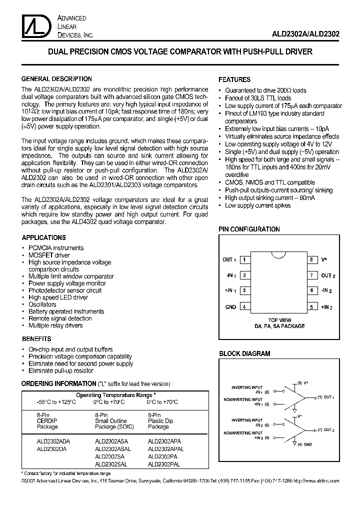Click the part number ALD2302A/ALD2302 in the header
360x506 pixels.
pyautogui.click(x=306, y=34)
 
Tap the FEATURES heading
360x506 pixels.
pyautogui.click(x=234, y=79)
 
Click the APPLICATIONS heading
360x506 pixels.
pyautogui.click(x=43, y=238)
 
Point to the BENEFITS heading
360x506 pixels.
pyautogui.click(x=36, y=339)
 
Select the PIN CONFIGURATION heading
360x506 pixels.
pyautogui.click(x=249, y=229)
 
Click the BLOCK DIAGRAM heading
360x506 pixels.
pyautogui.click(x=244, y=353)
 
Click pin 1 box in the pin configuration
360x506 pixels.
pyautogui.click(x=244, y=260)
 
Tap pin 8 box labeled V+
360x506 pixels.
pyautogui.click(x=311, y=260)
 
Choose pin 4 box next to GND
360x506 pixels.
pyautogui.click(x=244, y=307)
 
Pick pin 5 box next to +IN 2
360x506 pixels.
pyautogui.click(x=311, y=307)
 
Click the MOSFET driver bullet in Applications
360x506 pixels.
pyautogui.click(x=49, y=255)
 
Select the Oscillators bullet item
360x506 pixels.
pyautogui.click(x=42, y=304)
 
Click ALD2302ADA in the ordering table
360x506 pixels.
pyautogui.click(x=53, y=441)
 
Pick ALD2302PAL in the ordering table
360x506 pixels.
pyautogui.click(x=164, y=464)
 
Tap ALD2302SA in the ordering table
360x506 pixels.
pyautogui.click(x=109, y=456)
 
